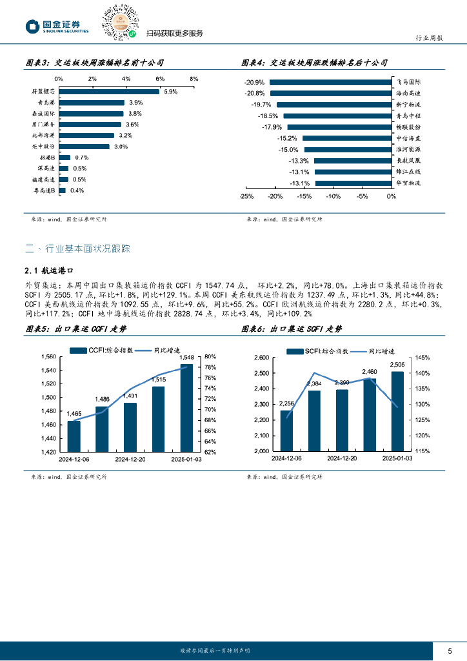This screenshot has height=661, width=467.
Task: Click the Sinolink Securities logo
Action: click(57, 26)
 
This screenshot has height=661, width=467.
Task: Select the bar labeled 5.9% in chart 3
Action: click(109, 92)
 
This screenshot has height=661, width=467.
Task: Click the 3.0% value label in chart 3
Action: click(121, 147)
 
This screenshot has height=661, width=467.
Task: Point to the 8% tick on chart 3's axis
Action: click(194, 78)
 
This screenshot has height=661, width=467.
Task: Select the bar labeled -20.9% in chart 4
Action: click(330, 82)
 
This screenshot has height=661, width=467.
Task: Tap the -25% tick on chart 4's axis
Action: click(246, 196)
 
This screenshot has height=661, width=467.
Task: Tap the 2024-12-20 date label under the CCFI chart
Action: click(130, 460)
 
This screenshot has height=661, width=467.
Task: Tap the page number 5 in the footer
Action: click(450, 650)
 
